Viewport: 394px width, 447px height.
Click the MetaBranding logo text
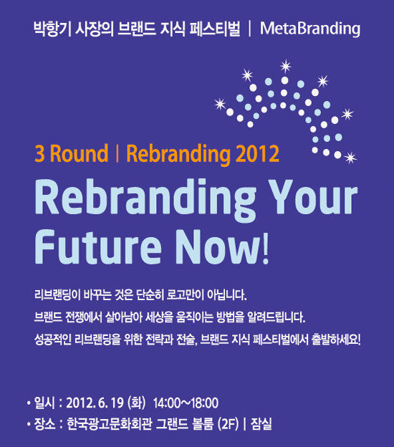coord(310,29)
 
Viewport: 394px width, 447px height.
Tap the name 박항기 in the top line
coord(52,29)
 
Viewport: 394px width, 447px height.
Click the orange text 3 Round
coord(71,153)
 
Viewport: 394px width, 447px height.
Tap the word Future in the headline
coord(98,246)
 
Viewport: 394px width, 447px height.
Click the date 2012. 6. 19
coord(95,403)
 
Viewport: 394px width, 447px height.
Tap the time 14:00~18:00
coord(186,403)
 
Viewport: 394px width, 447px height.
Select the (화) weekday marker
coord(137,403)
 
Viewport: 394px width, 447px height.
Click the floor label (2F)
coord(228,424)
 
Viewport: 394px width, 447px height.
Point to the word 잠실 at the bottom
coord(261,423)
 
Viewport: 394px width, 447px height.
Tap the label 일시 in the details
coord(44,403)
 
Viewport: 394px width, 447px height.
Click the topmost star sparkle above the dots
coord(285,66)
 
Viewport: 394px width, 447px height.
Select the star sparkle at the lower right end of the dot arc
coord(350,158)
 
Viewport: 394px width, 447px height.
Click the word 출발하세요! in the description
coord(336,340)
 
